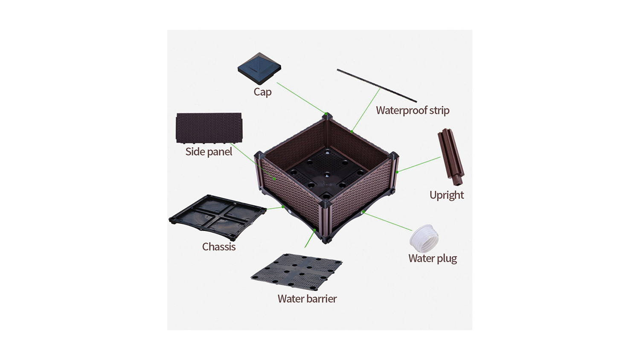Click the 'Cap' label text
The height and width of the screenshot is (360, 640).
262,92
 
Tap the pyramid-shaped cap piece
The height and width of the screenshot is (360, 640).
259,69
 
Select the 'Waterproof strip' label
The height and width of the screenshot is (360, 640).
413,110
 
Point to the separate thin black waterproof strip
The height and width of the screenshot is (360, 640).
377,85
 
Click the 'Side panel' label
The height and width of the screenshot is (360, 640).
209,152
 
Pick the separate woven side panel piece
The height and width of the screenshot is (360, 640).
209,128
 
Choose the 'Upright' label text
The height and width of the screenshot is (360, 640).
447,195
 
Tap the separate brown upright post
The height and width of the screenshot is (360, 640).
451,157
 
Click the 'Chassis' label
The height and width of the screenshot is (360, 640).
219,247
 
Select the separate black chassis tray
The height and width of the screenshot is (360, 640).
218,218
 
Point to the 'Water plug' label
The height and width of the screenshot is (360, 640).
433,258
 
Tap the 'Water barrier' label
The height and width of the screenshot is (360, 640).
307,299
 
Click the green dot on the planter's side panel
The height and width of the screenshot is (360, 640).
275,179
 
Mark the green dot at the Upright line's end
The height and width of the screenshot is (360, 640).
397,172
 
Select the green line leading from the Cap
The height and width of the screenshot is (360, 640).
301,98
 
